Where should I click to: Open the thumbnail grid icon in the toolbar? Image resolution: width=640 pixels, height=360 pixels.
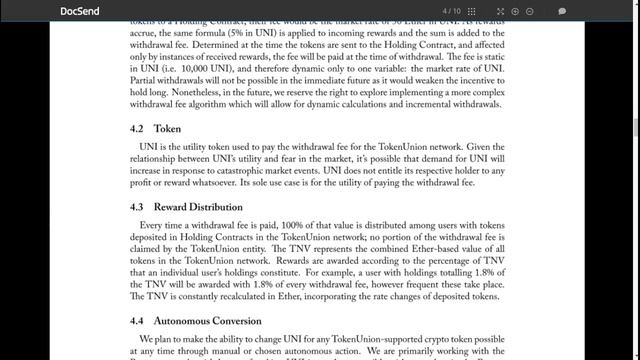(x=498, y=11)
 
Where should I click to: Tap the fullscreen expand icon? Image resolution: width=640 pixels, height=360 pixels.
(x=530, y=11)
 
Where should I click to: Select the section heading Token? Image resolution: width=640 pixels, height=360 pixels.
(x=167, y=129)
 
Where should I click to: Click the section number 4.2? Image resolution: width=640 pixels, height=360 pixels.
(x=138, y=129)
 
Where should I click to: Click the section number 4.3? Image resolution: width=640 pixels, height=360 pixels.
(x=138, y=206)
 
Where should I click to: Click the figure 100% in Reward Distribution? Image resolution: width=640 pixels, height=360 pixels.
(x=297, y=225)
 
